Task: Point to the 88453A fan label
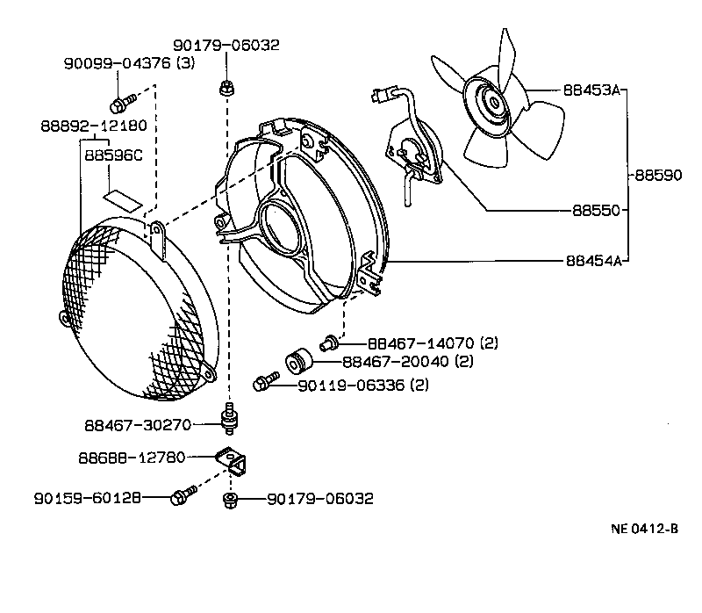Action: pyautogui.click(x=591, y=90)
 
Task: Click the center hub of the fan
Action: pyautogui.click(x=492, y=104)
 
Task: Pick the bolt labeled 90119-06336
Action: pyautogui.click(x=264, y=383)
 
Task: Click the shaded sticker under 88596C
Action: pyautogui.click(x=123, y=197)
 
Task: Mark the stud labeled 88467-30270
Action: pyautogui.click(x=230, y=419)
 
